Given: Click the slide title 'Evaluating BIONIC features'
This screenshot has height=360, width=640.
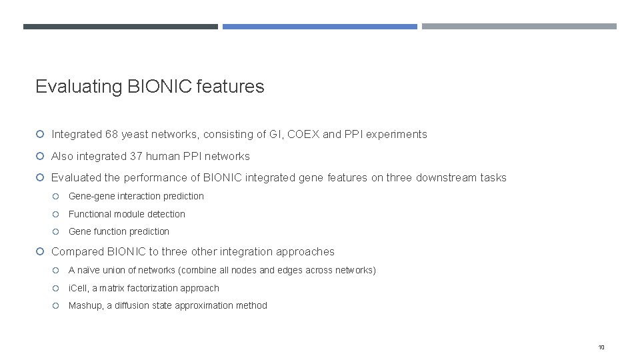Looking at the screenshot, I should (149, 87).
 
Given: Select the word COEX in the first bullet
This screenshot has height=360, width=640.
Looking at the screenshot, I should (303, 135).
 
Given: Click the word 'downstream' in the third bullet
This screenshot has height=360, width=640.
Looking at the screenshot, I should (447, 178).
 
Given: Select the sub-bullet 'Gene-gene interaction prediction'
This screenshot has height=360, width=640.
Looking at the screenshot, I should (136, 197).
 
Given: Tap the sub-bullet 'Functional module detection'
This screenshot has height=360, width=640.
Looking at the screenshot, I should (127, 214).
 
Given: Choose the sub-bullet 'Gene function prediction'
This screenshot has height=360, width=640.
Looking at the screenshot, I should (119, 232).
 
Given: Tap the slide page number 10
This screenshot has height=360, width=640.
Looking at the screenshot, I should (601, 347).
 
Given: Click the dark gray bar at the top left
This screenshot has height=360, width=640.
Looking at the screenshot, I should (120, 27).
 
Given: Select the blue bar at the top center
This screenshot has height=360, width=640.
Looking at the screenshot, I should (319, 27).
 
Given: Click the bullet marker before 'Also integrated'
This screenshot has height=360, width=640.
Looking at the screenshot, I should (40, 157).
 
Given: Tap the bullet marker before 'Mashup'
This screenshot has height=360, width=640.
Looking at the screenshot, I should (57, 306).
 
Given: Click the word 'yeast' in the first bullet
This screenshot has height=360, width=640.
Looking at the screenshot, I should (136, 135).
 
